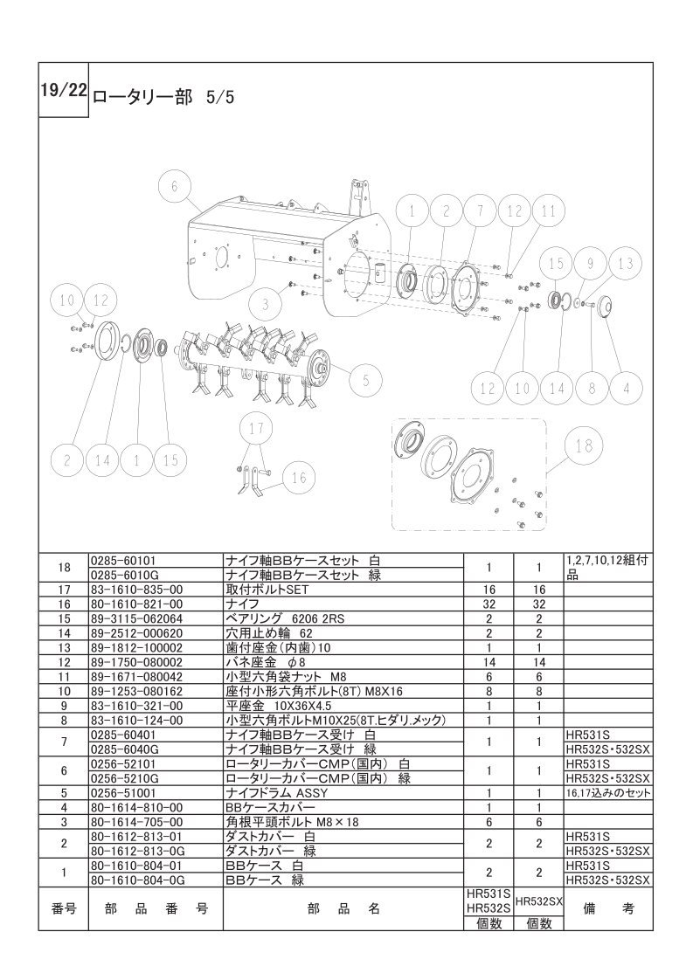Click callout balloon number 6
(175, 187)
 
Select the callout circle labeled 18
(584, 445)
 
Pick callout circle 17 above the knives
(255, 429)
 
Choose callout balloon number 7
(480, 210)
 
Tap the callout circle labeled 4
(626, 388)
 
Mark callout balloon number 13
(624, 263)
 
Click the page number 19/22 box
(63, 90)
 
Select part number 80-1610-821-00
(136, 604)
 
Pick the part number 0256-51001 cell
(123, 793)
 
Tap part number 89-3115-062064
(136, 618)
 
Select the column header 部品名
(343, 909)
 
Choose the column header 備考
(607, 909)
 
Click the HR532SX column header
(537, 901)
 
